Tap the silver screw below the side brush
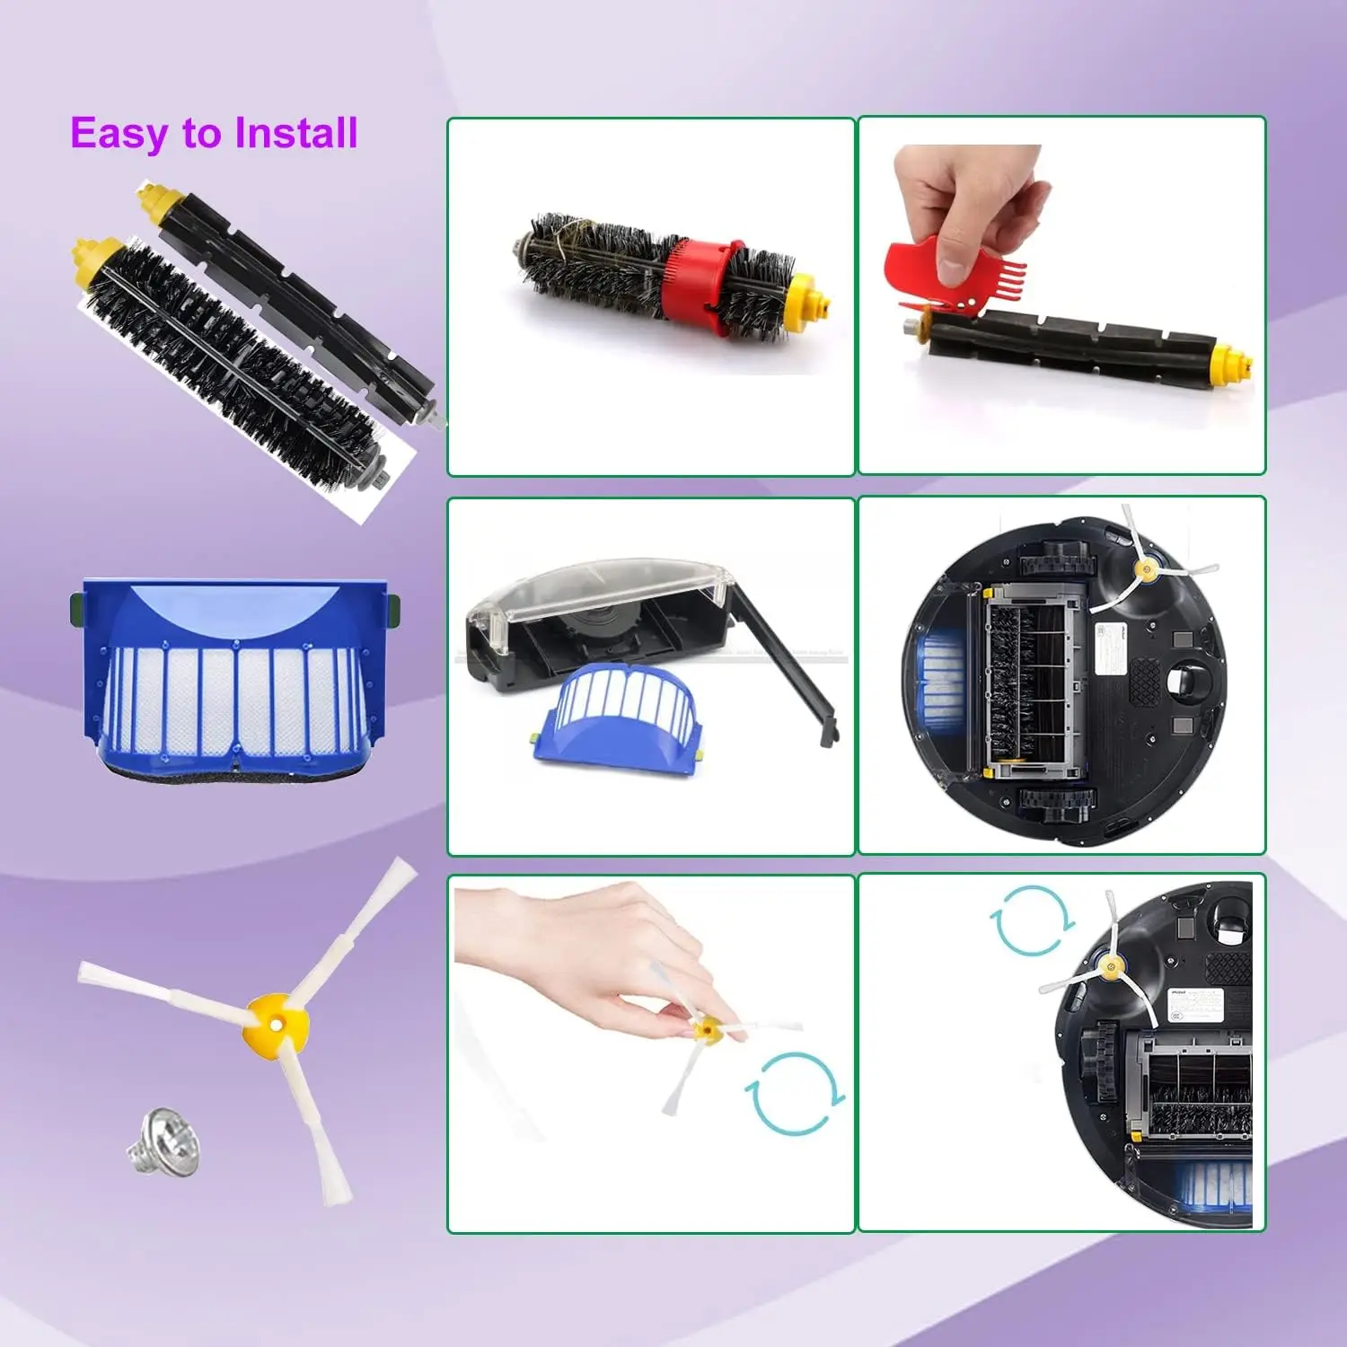[x=163, y=1140]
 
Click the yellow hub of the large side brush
[x=274, y=1021]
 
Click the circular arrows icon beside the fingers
[x=794, y=1093]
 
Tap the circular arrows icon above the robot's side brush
[x=1032, y=920]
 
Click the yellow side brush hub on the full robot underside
[x=1146, y=569]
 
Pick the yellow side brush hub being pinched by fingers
[x=707, y=1030]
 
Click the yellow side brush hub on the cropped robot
[x=1111, y=967]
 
